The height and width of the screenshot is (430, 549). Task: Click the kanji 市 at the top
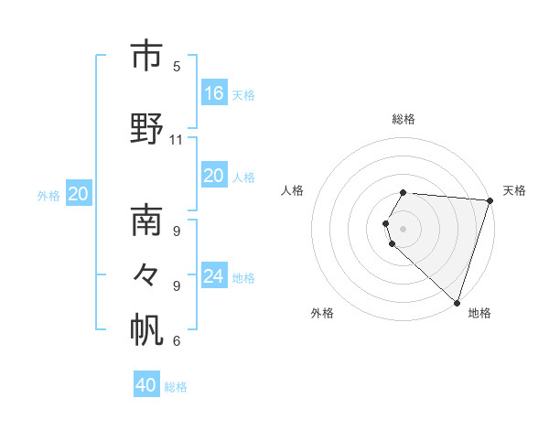coord(146,57)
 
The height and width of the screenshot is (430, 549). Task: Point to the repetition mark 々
coord(146,274)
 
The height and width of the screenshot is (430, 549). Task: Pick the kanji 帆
coord(146,330)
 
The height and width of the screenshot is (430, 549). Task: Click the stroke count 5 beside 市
coord(177,66)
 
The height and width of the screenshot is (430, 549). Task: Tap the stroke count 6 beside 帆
coord(177,341)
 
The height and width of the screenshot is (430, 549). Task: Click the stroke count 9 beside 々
coord(177,285)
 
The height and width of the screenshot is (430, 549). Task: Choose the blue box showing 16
coord(214,93)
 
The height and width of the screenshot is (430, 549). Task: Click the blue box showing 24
coord(214,276)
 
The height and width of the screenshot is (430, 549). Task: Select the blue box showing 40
coord(146,385)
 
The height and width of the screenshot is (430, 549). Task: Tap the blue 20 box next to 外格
coord(79,193)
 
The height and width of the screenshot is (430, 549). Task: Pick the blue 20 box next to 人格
coord(214,176)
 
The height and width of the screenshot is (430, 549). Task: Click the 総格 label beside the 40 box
coord(176,387)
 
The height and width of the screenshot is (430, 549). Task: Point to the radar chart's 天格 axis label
coord(514,190)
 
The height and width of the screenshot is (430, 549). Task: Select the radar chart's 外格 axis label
coord(322,313)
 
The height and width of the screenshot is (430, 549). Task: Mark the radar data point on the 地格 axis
coord(457,303)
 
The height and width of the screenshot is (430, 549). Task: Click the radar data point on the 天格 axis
coord(490,200)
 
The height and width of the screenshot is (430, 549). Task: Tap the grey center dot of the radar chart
coord(404,228)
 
